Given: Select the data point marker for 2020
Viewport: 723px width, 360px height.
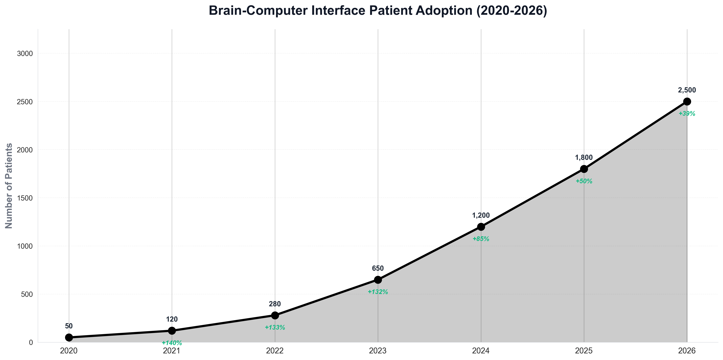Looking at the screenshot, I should [x=69, y=337].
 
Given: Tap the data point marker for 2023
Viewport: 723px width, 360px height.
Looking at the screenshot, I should [x=378, y=280].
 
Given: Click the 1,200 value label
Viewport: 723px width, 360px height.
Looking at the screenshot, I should [x=481, y=215].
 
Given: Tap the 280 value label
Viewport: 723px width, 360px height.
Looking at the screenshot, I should [x=275, y=304].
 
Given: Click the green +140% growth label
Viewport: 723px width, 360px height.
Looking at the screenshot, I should [x=172, y=343].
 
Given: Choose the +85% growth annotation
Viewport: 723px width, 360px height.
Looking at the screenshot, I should [x=481, y=239].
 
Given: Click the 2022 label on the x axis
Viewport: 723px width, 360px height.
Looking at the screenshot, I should [x=275, y=351].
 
